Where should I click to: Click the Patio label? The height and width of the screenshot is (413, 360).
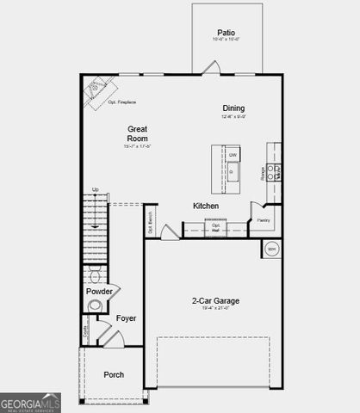227,31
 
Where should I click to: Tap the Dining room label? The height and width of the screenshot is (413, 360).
233,108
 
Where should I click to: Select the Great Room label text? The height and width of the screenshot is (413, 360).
138,133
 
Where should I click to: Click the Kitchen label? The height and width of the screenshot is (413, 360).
205,206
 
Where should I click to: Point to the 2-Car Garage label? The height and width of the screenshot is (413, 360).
215,301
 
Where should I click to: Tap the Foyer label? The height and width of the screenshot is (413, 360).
127,318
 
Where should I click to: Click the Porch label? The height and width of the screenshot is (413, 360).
114,374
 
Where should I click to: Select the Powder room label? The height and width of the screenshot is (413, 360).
99,291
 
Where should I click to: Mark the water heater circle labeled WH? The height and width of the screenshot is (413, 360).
272,250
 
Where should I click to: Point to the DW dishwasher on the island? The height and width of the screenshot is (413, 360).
233,155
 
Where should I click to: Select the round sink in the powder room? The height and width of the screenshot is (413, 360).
96,305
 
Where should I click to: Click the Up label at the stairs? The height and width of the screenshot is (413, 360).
96,189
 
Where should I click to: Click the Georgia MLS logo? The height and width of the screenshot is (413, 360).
30,403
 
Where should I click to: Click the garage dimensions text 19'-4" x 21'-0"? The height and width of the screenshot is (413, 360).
215,311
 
